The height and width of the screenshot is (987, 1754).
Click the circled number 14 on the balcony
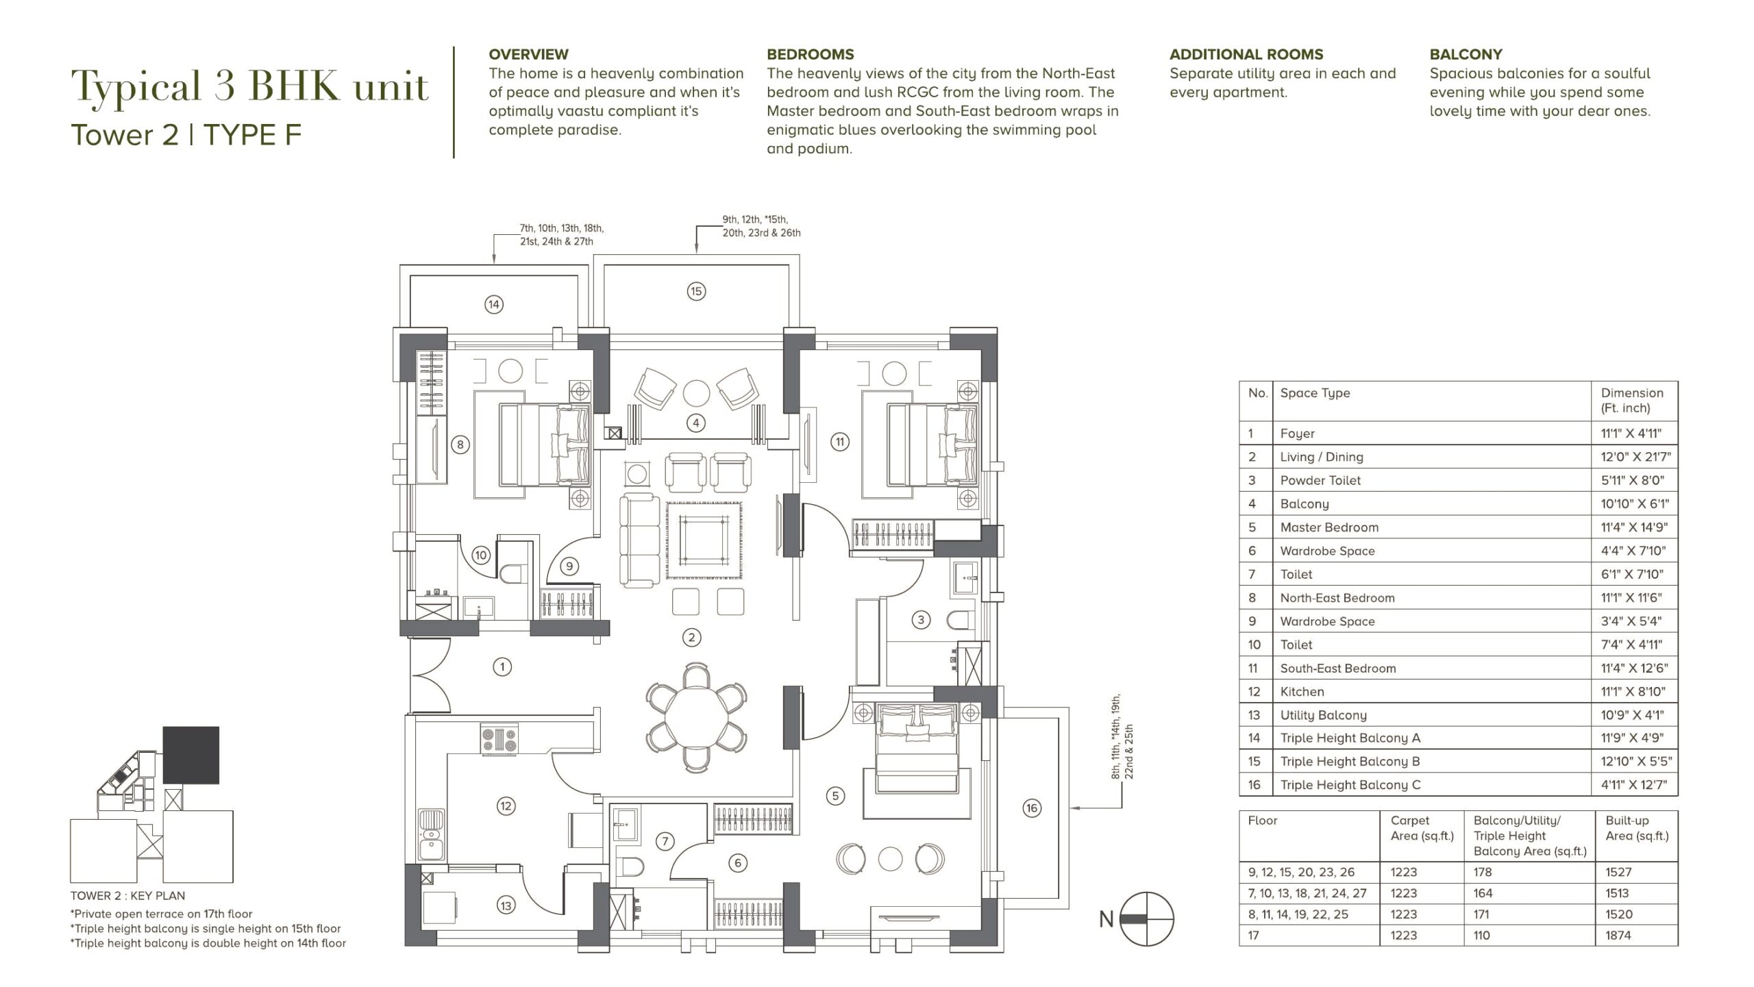[x=494, y=304]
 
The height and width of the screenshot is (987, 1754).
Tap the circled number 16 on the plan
[x=1032, y=808]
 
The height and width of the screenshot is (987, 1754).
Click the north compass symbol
[x=1146, y=919]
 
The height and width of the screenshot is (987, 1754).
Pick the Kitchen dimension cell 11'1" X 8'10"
[x=1633, y=692]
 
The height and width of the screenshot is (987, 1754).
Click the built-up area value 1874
[x=1618, y=935]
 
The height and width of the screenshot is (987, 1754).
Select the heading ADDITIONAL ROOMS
[x=1246, y=54]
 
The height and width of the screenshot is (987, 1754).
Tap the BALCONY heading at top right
[x=1466, y=54]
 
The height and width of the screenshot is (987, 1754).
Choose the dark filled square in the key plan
[x=191, y=755]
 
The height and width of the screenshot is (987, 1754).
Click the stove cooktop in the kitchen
[x=499, y=739]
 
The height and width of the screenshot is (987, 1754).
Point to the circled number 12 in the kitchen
[x=506, y=806]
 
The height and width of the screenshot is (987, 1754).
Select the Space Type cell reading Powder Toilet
[x=1320, y=480]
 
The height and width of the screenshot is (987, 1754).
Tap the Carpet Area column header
[x=1422, y=827]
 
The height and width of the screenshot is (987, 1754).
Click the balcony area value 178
[x=1483, y=872]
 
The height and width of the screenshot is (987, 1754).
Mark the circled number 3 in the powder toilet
[x=921, y=620]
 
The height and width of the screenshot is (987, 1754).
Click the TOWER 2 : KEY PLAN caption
[x=127, y=896]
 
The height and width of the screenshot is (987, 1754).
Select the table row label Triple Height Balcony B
[x=1350, y=762]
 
